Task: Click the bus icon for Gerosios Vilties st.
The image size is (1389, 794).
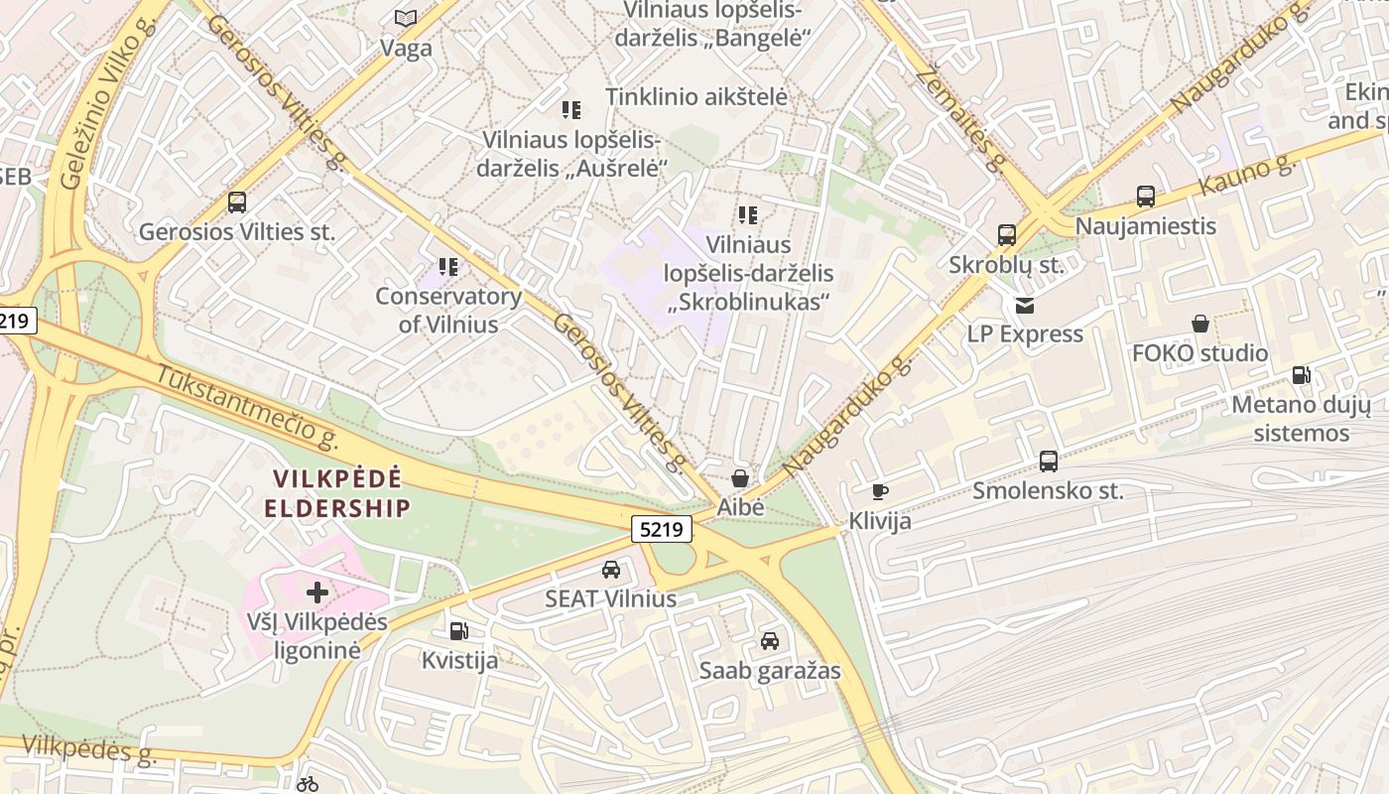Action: (237, 202)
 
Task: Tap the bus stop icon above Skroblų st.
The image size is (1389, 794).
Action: (1007, 235)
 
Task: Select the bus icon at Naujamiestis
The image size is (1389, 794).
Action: (1146, 197)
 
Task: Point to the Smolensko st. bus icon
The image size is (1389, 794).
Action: (1049, 462)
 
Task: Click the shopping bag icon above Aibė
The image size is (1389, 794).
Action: (740, 478)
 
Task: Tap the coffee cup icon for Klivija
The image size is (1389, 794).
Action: (879, 491)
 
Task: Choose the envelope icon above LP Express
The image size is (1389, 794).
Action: (1024, 305)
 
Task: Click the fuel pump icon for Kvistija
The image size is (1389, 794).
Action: (458, 630)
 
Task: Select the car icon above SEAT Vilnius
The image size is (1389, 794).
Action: (611, 570)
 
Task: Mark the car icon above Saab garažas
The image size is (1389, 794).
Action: (770, 641)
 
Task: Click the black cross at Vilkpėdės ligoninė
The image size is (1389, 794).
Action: (317, 594)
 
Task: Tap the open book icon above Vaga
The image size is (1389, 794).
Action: (406, 18)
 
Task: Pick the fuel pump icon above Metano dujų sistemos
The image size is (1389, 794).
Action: (1301, 375)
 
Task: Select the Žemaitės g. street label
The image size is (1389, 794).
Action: (959, 117)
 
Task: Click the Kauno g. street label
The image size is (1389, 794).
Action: (1248, 176)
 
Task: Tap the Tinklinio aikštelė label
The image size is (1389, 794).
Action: (696, 97)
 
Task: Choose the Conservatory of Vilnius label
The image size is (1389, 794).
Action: (448, 310)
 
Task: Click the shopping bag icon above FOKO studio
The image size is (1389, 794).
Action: (1200, 324)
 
